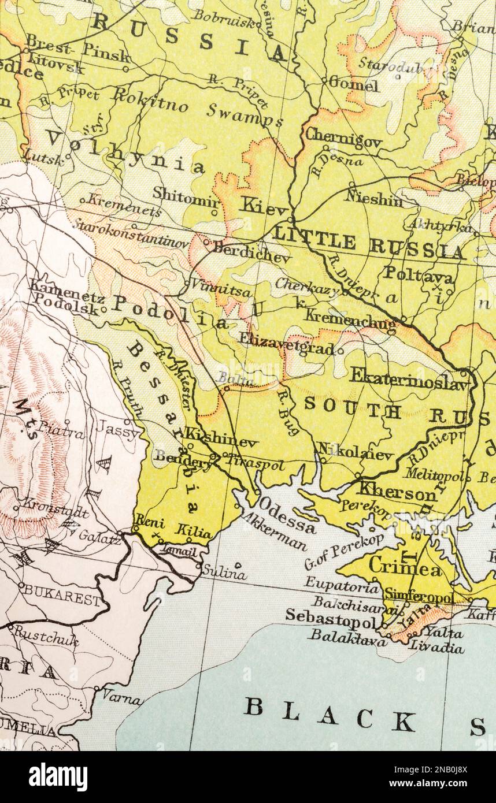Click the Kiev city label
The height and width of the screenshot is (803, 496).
pos(263,206)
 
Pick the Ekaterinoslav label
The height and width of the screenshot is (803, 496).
pos(408,378)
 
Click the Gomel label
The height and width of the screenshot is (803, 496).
pos(354,85)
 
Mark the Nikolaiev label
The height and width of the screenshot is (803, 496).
pos(354,452)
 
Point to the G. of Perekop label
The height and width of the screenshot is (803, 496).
pos(344,551)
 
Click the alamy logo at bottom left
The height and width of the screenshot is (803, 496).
pos(58,776)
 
